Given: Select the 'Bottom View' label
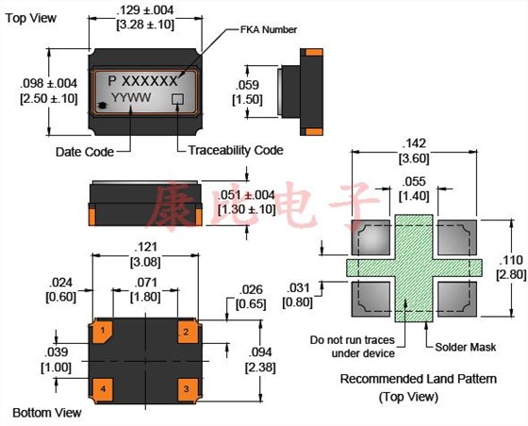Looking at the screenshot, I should click(x=45, y=413).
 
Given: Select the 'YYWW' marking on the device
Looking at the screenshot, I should click(x=128, y=98).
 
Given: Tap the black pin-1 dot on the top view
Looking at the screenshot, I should click(x=101, y=104).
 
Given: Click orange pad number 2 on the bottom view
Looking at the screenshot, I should click(x=187, y=332).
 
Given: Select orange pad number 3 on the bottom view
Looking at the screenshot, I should click(x=187, y=387).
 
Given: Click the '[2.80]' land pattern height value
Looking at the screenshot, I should click(x=509, y=273).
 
